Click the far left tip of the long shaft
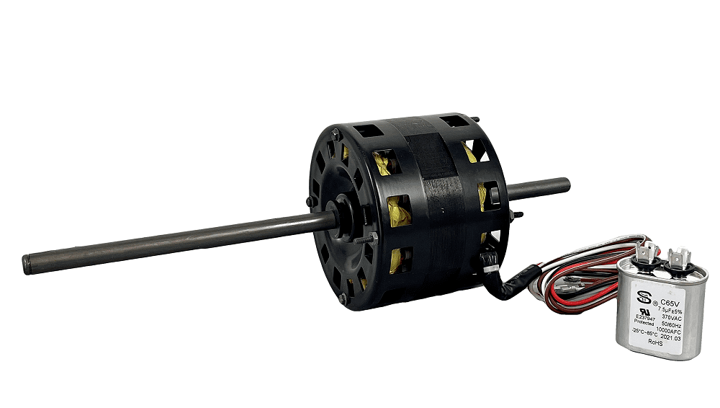click(27, 257)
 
